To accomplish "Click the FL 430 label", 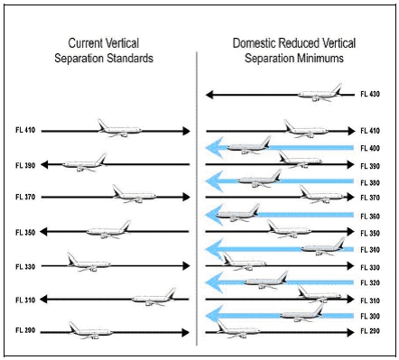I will coord(370,93).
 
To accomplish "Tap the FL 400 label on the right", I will coord(370,148).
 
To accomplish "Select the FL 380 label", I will coord(370,181).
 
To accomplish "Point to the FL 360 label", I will coord(370,216).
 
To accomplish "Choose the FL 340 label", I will coord(370,249).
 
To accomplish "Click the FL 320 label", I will coord(370,282).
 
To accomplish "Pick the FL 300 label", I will coord(370,316).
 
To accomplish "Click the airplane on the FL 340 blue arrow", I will coord(323,245).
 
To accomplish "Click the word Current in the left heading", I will coord(86,43).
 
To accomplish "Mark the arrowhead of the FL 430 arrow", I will coord(210,93).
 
